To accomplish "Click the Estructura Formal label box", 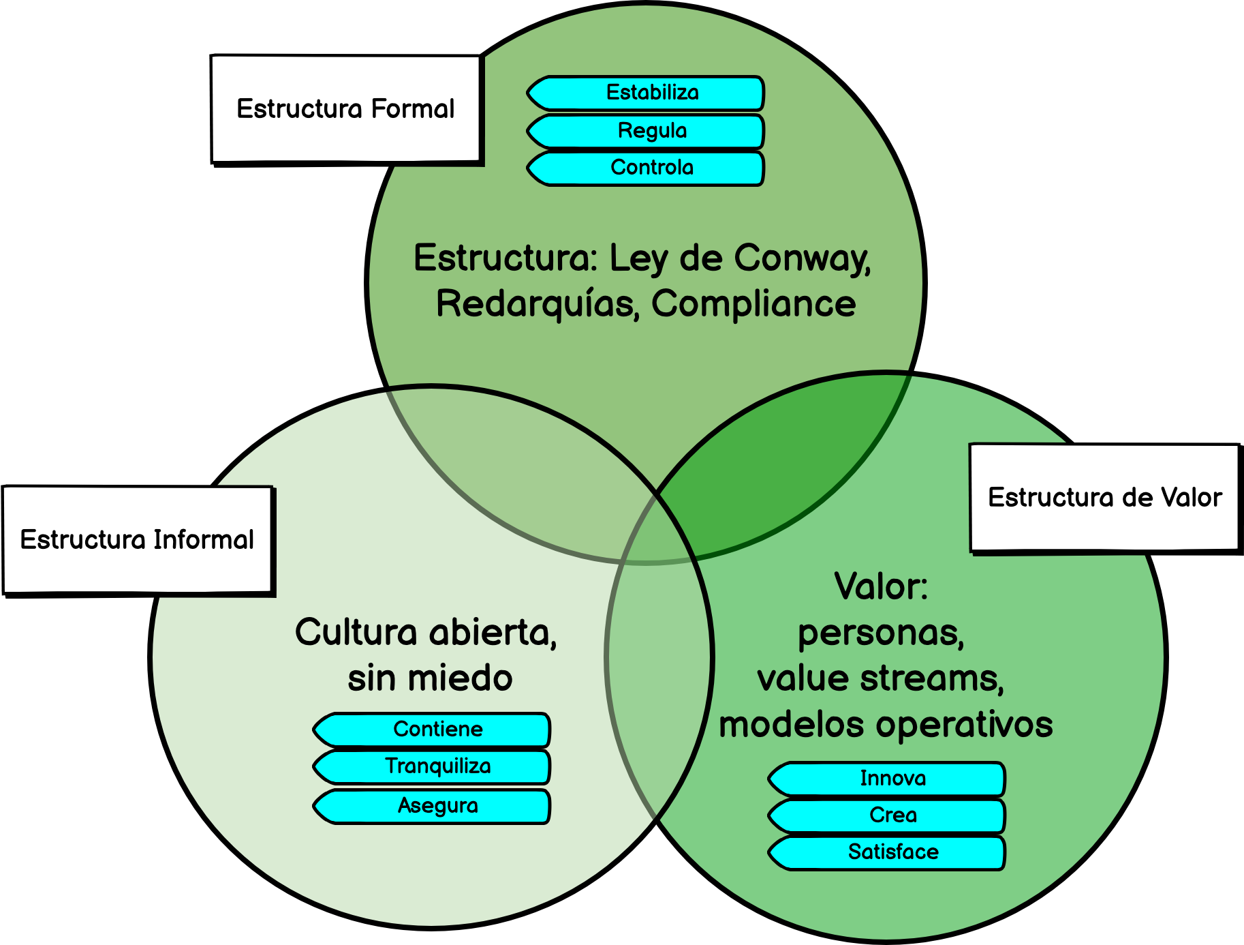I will pyautogui.click(x=345, y=109).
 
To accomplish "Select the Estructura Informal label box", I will pyautogui.click(x=137, y=540).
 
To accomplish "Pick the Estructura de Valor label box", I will pyautogui.click(x=1104, y=498).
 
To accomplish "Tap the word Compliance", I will pyautogui.click(x=753, y=304).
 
